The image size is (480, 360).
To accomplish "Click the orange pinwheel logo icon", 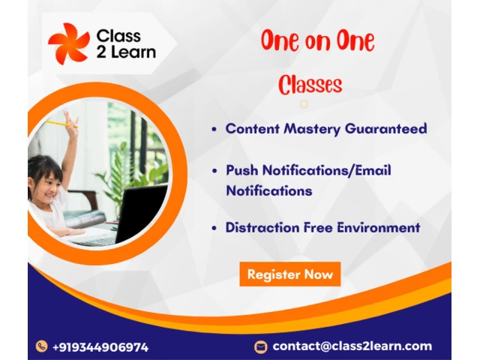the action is coord(69,43).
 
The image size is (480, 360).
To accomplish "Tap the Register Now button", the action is coord(290,274).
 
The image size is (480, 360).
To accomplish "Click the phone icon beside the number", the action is coord(42,346).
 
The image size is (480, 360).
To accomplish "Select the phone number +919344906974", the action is coord(100,347).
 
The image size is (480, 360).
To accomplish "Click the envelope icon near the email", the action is coord(260,346).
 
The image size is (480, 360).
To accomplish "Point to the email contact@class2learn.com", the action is coord(352,346).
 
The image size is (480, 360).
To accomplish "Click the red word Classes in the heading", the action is coord(310,85).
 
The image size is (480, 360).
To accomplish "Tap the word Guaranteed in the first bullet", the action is coord(386,128).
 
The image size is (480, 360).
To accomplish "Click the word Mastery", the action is coord(312,129).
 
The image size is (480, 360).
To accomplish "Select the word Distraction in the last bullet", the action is coord(262,228).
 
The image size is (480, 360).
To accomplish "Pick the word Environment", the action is coord(379,228).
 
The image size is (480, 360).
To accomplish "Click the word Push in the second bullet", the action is coord(241,170).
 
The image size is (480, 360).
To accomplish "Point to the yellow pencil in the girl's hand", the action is coord(61,124).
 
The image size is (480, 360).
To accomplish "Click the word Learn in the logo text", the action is coord(133,52).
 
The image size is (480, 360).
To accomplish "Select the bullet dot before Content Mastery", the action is coord(214,129).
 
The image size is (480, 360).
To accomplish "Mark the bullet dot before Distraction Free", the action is coord(214,228).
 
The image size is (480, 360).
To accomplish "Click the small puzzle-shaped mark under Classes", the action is coord(304,104).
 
